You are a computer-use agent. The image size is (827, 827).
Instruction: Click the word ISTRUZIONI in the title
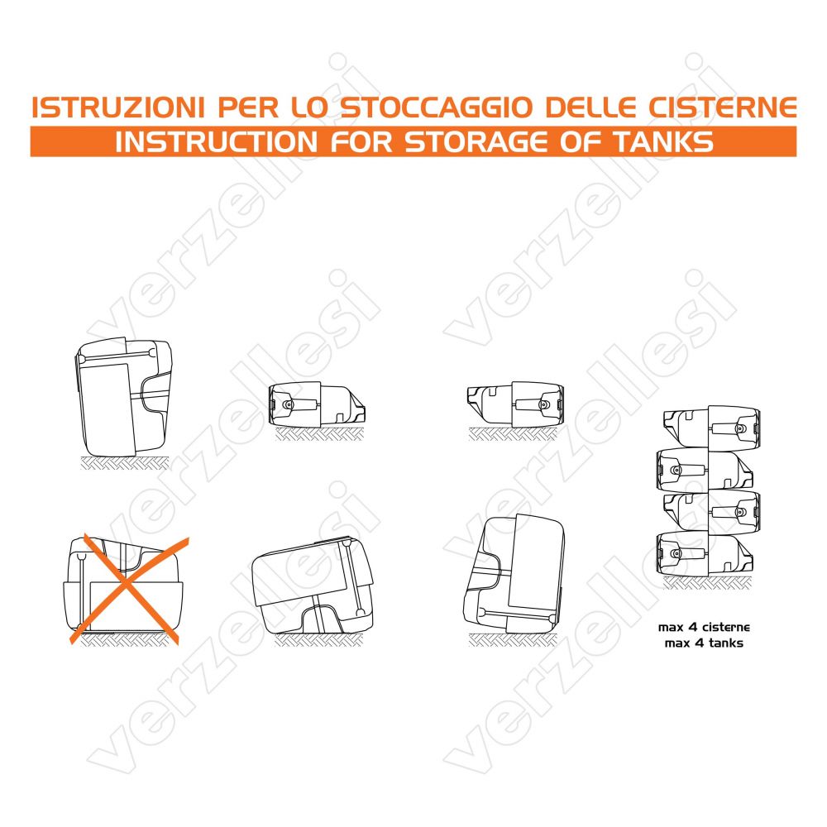tap(118, 108)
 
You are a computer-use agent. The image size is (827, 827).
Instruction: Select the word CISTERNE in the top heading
tap(722, 108)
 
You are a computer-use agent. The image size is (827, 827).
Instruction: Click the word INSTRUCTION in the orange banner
tap(216, 142)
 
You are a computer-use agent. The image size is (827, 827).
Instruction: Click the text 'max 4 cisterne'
tap(704, 627)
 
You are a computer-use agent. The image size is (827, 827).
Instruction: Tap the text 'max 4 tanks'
tap(704, 643)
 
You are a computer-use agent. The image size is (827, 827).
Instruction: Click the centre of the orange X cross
tap(125, 586)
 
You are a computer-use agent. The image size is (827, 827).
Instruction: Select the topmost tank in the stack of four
tap(712, 428)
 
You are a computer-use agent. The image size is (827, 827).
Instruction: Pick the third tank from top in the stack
tap(712, 512)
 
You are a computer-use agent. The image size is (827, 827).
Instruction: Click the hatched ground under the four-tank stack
tap(706, 582)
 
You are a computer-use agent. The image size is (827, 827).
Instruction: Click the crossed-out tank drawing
tap(123, 586)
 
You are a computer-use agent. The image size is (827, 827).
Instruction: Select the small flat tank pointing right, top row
tap(317, 404)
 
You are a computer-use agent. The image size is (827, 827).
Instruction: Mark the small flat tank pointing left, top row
tap(515, 404)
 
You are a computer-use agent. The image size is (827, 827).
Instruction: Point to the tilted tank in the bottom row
tap(313, 586)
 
